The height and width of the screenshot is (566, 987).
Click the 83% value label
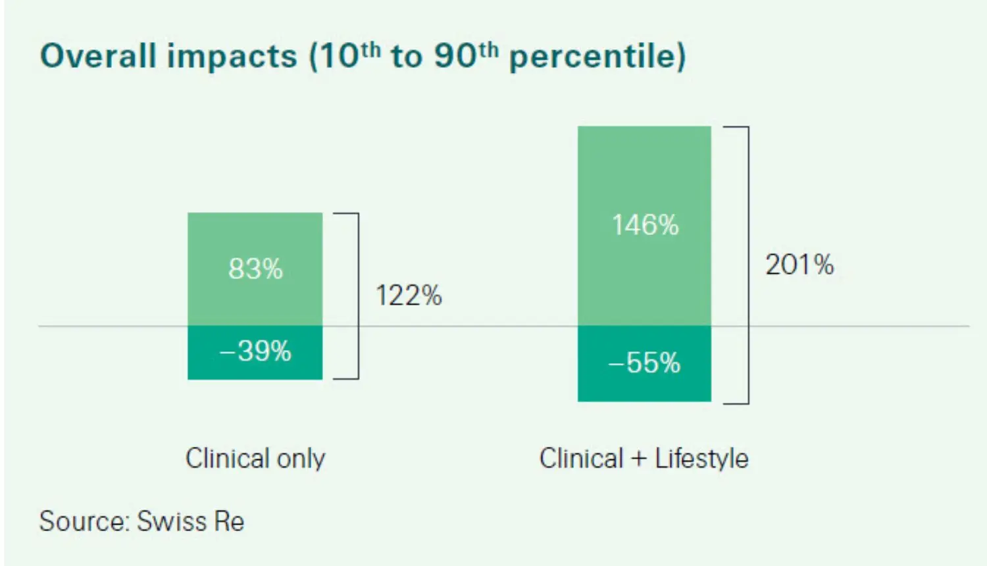255,269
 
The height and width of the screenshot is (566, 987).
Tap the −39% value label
255,351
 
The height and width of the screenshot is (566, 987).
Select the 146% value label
645,225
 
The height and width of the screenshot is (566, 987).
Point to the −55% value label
645,363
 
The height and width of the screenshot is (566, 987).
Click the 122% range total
409,296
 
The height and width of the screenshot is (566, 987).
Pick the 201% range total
799,265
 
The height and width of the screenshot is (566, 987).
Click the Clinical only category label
255,458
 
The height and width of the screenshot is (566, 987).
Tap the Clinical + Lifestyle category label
644,458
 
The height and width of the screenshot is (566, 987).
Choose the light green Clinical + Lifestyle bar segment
645,171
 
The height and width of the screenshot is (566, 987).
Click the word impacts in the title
232,57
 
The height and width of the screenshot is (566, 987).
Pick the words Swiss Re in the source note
191,521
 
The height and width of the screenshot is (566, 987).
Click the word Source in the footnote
83,521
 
